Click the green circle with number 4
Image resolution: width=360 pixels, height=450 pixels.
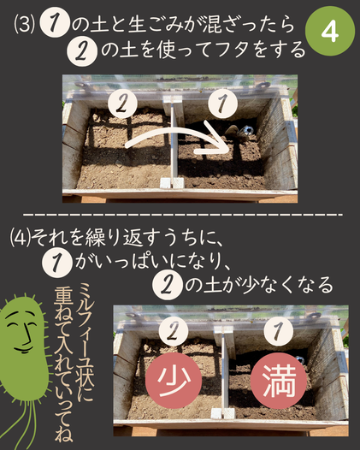click(330, 32)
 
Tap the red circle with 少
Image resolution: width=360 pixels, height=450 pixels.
click(174, 380)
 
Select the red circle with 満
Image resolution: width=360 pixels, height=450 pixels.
click(279, 380)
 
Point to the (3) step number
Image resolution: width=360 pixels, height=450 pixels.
click(25, 25)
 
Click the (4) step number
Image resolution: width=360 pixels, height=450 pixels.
click(21, 240)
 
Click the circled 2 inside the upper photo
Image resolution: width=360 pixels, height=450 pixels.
click(122, 104)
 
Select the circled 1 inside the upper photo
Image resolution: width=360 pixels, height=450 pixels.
click(223, 103)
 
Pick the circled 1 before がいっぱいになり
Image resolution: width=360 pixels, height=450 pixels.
click(56, 262)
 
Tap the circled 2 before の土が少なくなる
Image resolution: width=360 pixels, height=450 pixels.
click(168, 286)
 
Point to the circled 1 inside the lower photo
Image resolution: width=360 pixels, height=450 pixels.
click(278, 330)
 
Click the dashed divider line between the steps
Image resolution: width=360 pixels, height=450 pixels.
click(183, 215)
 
